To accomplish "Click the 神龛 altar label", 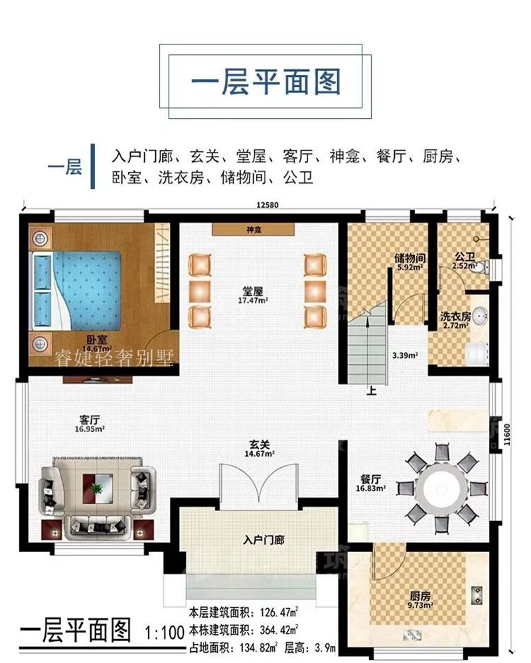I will click(x=253, y=229).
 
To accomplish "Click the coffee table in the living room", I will click(x=97, y=488).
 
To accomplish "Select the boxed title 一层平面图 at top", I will click(x=265, y=82).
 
